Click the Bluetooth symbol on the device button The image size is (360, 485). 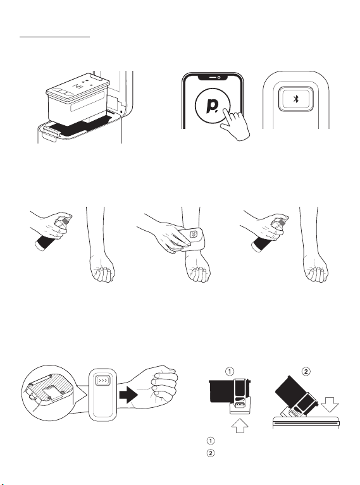tap(296, 99)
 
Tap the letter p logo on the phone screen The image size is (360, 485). tap(212, 106)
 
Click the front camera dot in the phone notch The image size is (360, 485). tap(218, 77)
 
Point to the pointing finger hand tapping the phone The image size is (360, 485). tap(235, 125)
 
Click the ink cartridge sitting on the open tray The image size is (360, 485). tap(78, 99)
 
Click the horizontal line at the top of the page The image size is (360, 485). tap(55, 37)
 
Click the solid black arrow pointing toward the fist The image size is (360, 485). tap(128, 395)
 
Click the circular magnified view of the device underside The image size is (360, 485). tap(51, 393)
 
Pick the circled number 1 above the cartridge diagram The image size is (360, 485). tap(230, 371)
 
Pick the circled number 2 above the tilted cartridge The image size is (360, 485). tap(306, 371)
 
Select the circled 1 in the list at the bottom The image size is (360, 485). tap(211, 441)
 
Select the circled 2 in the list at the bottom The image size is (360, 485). tap(211, 453)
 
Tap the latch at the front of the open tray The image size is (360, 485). tap(51, 132)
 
